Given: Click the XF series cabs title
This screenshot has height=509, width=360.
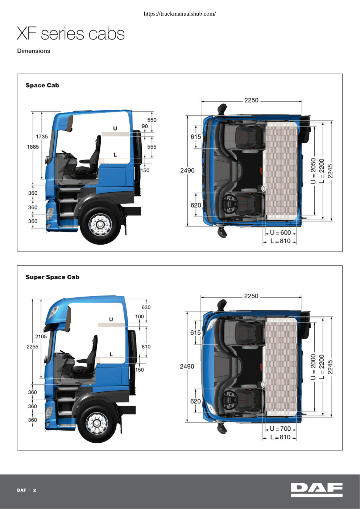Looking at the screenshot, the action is coord(71,34).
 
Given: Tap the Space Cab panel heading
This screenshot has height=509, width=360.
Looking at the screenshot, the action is coord(42,86).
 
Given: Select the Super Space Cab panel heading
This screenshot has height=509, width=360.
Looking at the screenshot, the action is coord(52,277).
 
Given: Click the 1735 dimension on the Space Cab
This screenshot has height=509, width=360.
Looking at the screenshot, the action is coord(42,137).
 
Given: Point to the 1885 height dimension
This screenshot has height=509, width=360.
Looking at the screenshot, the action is coord(33,147).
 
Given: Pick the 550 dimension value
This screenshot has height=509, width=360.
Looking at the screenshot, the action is coord(152,120).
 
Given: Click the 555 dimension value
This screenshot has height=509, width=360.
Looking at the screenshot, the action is coord(152,147).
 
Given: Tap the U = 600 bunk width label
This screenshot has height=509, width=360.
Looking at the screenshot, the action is coord(281,232).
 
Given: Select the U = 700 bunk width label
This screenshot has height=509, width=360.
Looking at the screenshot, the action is coord(281,429).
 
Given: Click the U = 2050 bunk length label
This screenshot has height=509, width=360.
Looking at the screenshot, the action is coord(313,171).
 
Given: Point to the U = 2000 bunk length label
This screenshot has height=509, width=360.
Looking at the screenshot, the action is coord(313,367).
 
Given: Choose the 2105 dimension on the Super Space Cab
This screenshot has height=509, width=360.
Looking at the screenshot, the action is coord(41,336).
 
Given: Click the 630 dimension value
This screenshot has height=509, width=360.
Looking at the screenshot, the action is coord(146,307).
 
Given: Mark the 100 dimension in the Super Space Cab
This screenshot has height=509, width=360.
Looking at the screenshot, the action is coord(139,316).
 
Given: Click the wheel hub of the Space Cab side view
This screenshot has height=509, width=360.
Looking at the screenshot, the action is coord(100,225).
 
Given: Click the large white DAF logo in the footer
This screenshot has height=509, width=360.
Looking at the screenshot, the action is coord(317,490).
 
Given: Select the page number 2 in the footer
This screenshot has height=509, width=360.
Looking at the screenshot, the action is coord(35,490).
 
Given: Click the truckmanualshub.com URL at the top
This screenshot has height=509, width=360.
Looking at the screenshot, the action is coord(180,14).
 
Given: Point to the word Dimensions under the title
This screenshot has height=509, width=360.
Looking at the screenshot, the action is coord(34,51).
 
